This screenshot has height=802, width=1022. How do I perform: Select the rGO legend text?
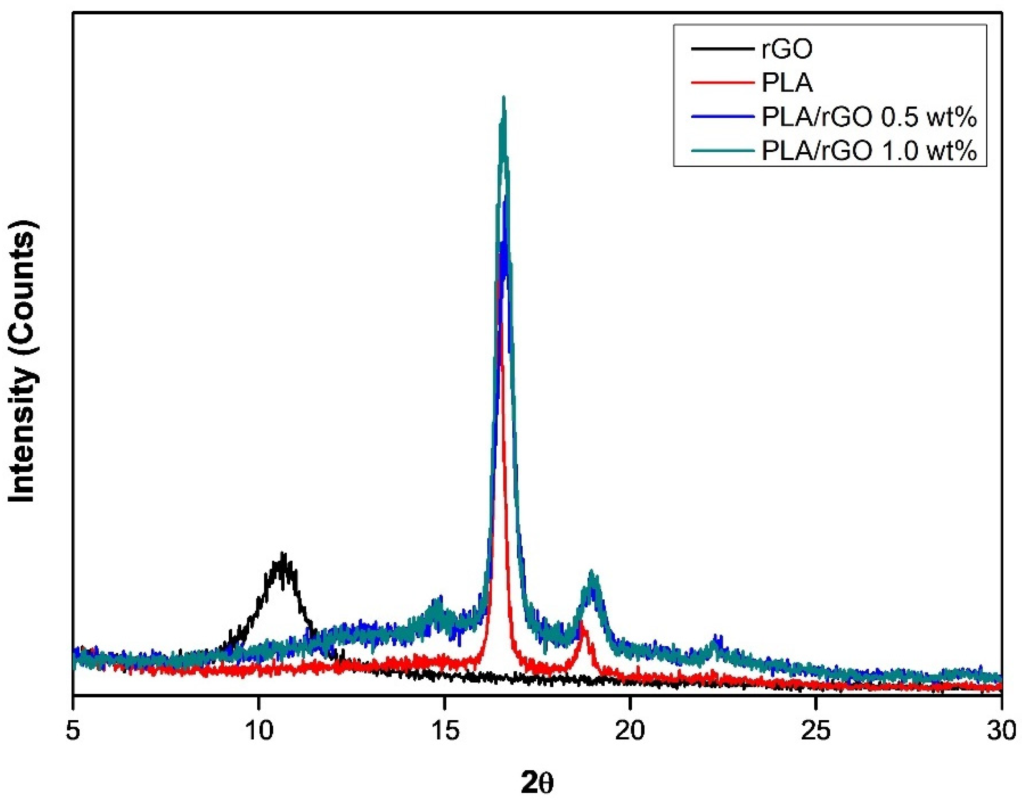(x=787, y=49)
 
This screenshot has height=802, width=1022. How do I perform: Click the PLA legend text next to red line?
(x=787, y=83)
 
